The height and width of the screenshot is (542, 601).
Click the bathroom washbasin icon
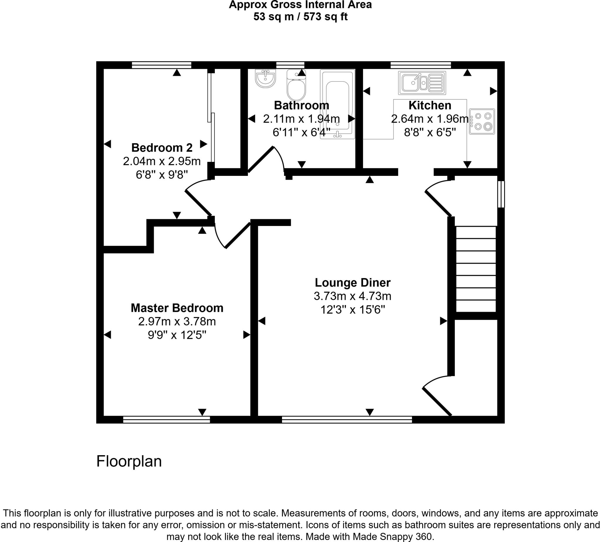pos(265,78)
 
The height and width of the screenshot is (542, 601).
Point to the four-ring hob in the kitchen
pos(482,121)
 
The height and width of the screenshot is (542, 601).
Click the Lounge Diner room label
pos(352,283)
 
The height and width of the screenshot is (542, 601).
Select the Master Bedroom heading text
pos(177,308)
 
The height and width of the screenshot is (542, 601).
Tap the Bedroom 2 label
pos(162,148)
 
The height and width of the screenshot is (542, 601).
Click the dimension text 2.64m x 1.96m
pos(430,119)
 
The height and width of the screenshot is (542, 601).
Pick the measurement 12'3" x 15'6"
pos(352,310)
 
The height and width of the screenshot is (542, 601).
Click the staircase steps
pos(476,269)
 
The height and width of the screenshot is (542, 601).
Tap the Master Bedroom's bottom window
pos(166,419)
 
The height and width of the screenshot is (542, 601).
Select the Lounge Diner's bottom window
pos(347,419)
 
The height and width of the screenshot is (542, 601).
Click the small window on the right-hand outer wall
pos(501,194)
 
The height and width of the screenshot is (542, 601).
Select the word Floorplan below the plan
pos(129,461)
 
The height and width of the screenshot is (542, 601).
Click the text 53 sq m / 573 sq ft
pos(300,17)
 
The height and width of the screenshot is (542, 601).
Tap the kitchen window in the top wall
pos(420,65)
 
